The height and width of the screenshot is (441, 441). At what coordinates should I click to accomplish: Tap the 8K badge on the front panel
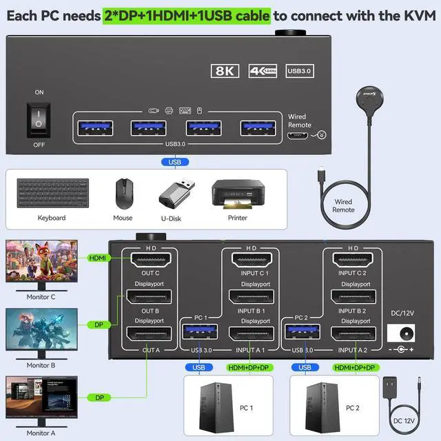223,71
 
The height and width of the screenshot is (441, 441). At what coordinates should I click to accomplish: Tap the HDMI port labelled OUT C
150,260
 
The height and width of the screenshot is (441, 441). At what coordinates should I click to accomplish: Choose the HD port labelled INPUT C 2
353,260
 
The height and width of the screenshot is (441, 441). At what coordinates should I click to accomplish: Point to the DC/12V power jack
402,334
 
